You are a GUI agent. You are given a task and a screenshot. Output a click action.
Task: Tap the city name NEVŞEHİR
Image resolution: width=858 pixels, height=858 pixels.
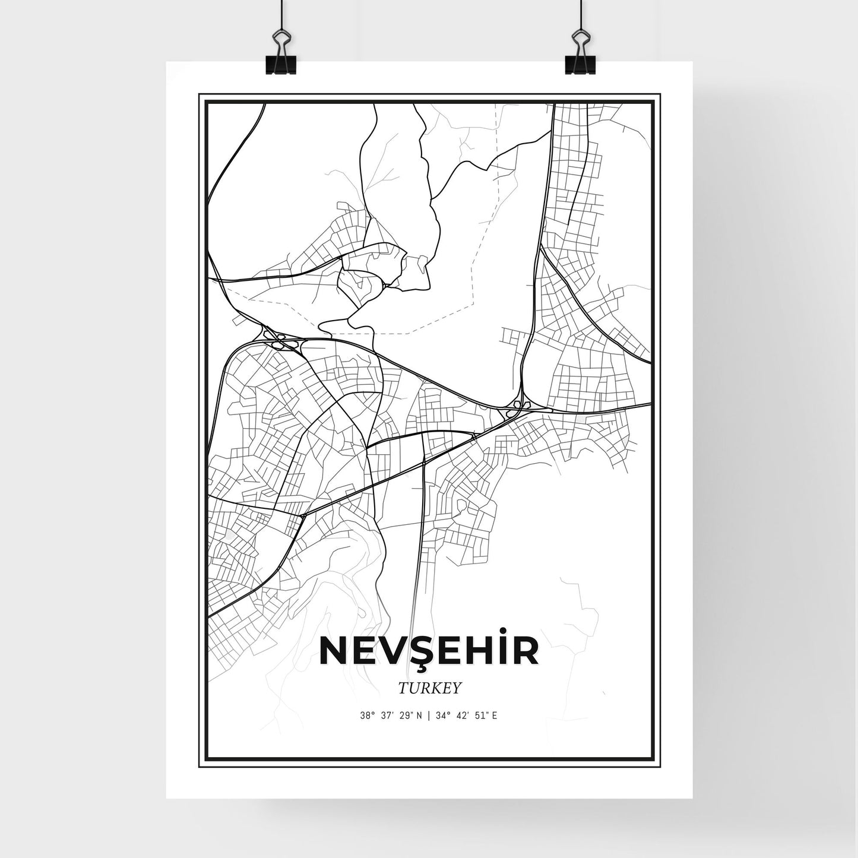tap(429, 652)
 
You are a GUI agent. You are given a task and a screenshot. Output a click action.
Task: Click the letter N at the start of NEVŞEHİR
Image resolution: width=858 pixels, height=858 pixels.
tap(334, 652)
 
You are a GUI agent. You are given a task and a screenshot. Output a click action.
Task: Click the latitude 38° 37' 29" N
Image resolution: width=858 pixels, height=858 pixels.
tap(391, 716)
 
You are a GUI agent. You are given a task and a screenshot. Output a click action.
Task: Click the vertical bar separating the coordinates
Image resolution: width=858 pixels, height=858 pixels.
tap(428, 716)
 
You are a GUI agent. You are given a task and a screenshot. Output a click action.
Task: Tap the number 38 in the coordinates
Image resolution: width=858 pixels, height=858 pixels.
tap(364, 716)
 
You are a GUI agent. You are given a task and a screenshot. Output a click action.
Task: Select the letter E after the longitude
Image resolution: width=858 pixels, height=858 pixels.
tap(495, 716)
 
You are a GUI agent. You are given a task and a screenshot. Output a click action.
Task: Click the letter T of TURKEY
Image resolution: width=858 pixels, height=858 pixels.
tap(403, 688)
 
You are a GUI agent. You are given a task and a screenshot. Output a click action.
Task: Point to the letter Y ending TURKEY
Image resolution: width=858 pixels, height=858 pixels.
tap(457, 688)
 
